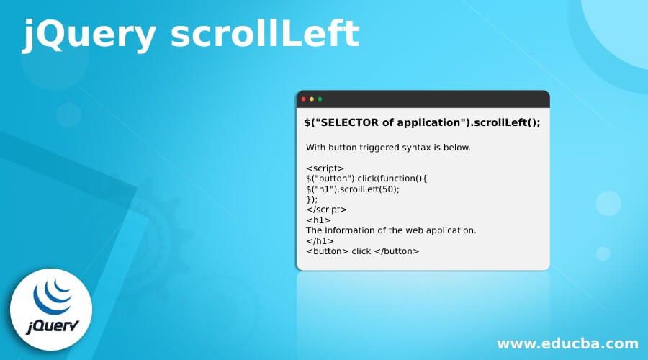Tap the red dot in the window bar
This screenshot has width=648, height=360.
pyautogui.click(x=303, y=99)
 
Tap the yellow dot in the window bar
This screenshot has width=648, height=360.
pyautogui.click(x=312, y=99)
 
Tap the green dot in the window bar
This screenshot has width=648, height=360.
pyautogui.click(x=320, y=99)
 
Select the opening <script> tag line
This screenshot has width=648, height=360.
pyautogui.click(x=320, y=168)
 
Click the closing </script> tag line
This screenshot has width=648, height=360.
pyautogui.click(x=326, y=210)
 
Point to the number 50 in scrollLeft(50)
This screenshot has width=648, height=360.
pyautogui.click(x=386, y=189)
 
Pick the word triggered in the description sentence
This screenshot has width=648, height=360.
pyautogui.click(x=382, y=148)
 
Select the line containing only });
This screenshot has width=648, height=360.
pyautogui.click(x=312, y=199)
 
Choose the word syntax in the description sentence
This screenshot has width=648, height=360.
pyautogui.click(x=424, y=148)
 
